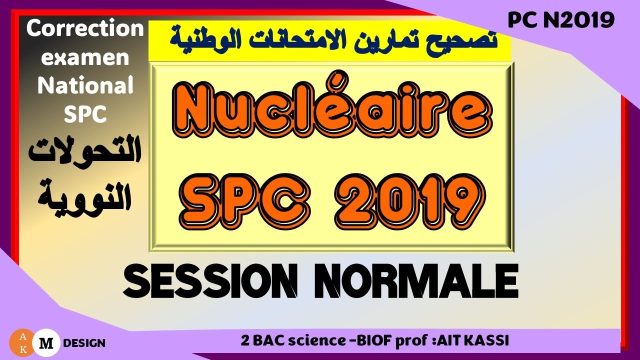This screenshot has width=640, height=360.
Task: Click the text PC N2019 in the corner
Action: click(561, 20)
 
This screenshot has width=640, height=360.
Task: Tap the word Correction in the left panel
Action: click(85, 29)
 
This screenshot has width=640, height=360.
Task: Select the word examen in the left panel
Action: click(85, 58)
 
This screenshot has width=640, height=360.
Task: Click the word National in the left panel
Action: click(85, 86)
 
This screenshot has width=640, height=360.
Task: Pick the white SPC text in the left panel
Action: click(85, 114)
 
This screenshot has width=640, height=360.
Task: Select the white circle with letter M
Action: click(46, 342)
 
